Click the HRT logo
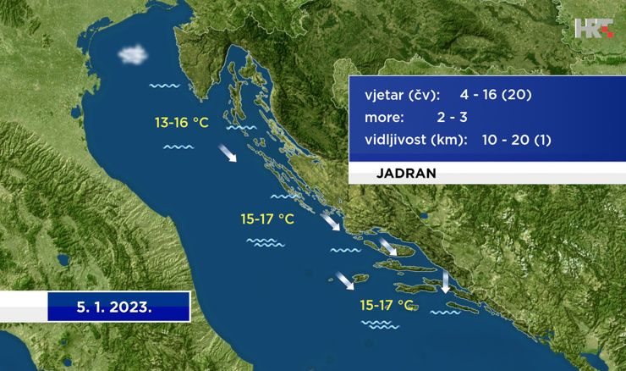[594, 28]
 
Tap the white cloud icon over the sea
[133, 54]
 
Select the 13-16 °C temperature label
[182, 122]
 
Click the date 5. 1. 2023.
[114, 307]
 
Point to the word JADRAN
[406, 173]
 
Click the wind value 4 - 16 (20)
[496, 95]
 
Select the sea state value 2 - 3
[452, 117]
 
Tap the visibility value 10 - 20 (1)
[516, 140]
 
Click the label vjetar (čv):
[402, 95]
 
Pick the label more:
[384, 118]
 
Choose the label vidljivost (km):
[415, 140]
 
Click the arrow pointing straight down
[445, 281]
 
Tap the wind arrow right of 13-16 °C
[228, 153]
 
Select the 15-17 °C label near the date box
[267, 219]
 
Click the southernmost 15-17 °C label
[386, 306]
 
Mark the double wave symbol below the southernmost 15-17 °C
[380, 324]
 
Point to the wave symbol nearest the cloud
[164, 86]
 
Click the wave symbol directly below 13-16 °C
[178, 147]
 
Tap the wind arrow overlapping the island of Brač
[387, 246]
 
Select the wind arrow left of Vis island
[344, 280]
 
